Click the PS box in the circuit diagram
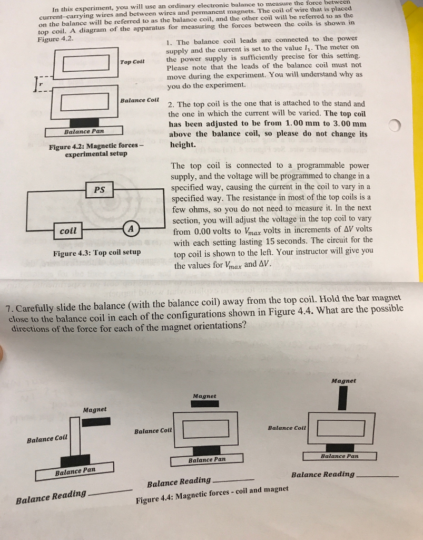pos(99,189)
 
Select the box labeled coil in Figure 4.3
pos(68,230)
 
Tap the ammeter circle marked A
pos(131,229)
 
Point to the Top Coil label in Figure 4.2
pos(132,62)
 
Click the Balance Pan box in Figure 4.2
pos(84,131)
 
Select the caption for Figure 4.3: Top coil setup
pos(97,252)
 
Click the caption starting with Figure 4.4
pos(212,494)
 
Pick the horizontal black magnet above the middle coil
pos(205,403)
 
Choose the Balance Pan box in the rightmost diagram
pos(340,456)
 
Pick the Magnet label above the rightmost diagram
pos(343,380)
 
